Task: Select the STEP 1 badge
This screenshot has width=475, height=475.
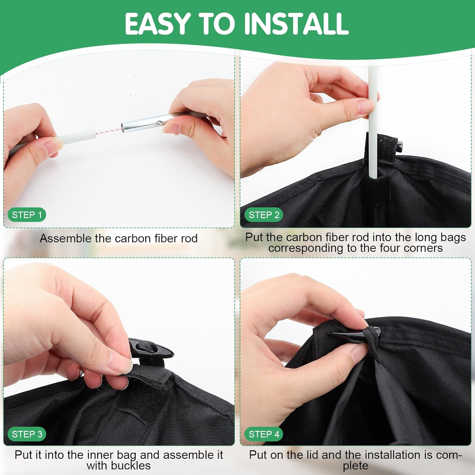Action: (x=27, y=215)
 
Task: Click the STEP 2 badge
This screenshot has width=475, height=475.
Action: (x=264, y=215)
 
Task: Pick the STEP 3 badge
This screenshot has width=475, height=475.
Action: (x=27, y=434)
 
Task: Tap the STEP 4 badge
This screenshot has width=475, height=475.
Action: (x=264, y=434)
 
